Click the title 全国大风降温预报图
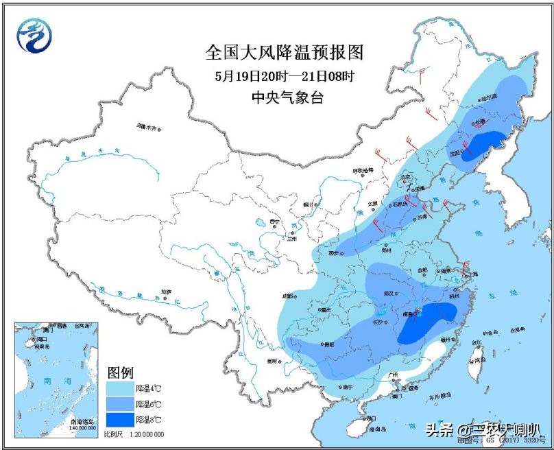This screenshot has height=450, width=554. point(283,52)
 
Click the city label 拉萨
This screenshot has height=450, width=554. point(165,292)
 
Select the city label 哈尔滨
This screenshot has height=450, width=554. point(487,97)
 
